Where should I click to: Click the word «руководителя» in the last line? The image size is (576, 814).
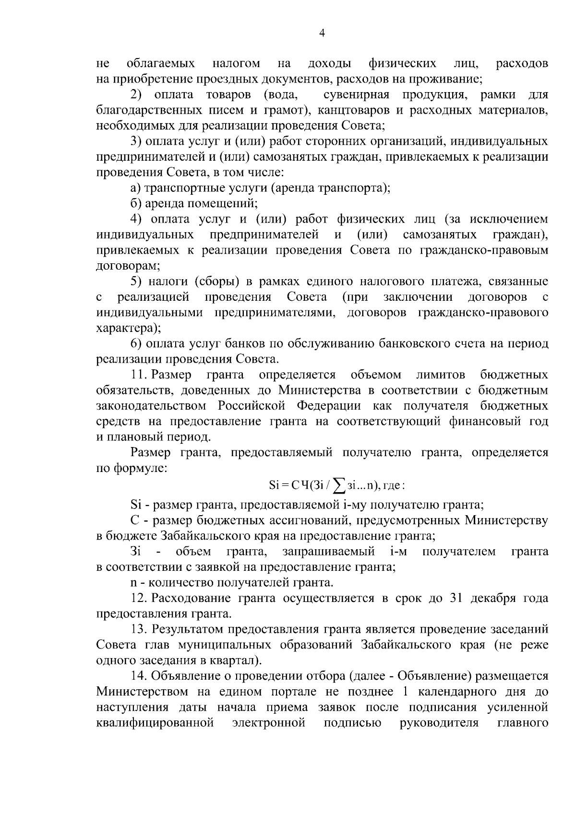[440, 722]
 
